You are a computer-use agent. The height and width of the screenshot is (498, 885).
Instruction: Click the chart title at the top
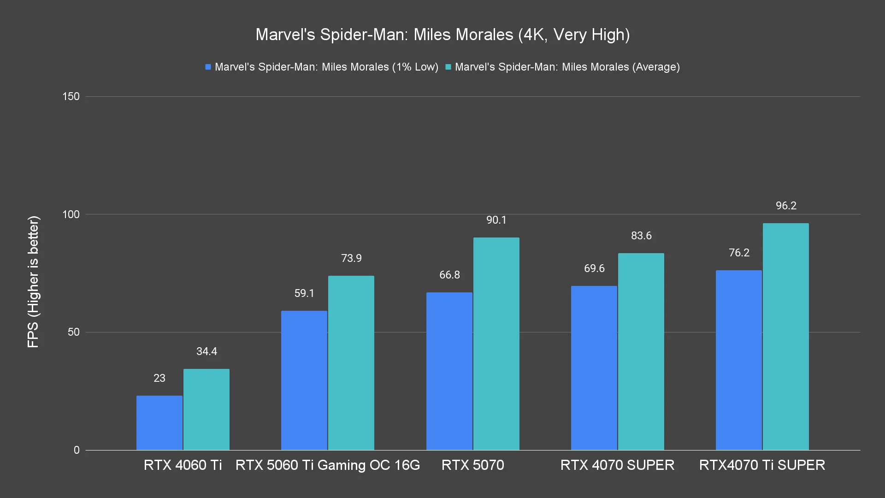point(442,35)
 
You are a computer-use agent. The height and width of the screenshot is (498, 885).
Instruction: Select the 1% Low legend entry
point(322,67)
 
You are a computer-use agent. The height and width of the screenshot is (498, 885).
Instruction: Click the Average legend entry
point(562,67)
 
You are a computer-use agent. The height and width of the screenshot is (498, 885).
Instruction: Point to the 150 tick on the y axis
point(71,96)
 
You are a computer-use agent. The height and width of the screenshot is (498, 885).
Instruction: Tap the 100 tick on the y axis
point(71,214)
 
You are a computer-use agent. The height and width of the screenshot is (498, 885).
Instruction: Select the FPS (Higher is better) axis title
point(33,282)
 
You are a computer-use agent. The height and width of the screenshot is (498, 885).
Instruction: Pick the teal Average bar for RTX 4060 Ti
point(206,409)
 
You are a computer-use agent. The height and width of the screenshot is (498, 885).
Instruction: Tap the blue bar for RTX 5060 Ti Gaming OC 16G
point(304,380)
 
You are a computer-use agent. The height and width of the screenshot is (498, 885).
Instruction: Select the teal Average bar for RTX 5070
point(496,344)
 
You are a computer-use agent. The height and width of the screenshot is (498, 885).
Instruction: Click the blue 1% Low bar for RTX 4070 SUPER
point(594,368)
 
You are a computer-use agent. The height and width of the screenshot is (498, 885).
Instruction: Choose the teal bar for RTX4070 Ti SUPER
point(785,337)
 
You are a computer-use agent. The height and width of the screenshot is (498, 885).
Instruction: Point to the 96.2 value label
point(786,206)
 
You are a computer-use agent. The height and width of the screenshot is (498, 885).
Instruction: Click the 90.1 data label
point(496,220)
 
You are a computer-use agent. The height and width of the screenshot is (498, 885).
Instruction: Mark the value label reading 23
point(159,378)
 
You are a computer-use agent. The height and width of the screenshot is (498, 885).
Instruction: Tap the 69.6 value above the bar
point(594,268)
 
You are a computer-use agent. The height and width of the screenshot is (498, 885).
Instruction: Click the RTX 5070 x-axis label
point(472,465)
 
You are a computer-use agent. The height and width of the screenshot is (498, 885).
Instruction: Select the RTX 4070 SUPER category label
point(617,465)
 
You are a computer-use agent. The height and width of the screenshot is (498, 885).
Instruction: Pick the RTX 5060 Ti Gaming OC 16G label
point(328,465)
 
